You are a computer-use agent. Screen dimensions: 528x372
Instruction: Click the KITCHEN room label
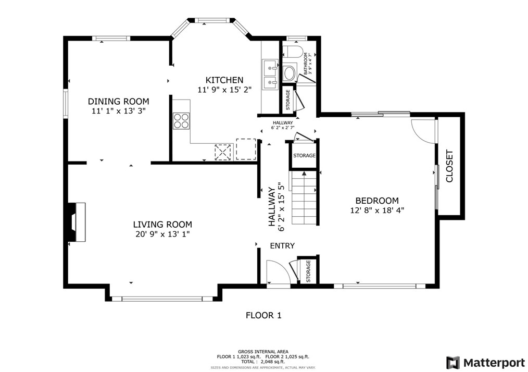point(224,80)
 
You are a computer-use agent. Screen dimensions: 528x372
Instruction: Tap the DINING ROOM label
point(119,102)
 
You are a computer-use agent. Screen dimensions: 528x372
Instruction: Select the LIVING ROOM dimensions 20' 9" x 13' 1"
point(162,234)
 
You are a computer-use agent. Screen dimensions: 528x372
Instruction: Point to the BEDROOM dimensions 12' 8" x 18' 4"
point(377,210)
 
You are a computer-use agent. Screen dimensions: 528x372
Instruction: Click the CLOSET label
point(449,166)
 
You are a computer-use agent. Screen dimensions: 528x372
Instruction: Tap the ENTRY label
point(282,246)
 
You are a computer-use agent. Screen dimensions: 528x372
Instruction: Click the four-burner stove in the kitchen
point(181,121)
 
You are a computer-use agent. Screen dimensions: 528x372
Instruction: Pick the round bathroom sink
point(290,73)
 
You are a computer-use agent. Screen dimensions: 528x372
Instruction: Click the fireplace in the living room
point(77,222)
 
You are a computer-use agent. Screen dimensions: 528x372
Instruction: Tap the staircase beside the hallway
point(304,197)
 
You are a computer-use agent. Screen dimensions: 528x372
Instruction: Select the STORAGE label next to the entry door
point(308,271)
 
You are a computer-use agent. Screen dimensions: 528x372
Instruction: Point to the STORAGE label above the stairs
point(304,156)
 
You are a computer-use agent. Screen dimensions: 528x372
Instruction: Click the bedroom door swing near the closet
point(423,131)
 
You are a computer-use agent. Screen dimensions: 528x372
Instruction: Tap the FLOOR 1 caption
point(263,315)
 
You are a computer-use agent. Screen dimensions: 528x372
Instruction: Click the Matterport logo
point(486,363)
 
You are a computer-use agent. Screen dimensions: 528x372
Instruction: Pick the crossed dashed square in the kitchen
point(223,152)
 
